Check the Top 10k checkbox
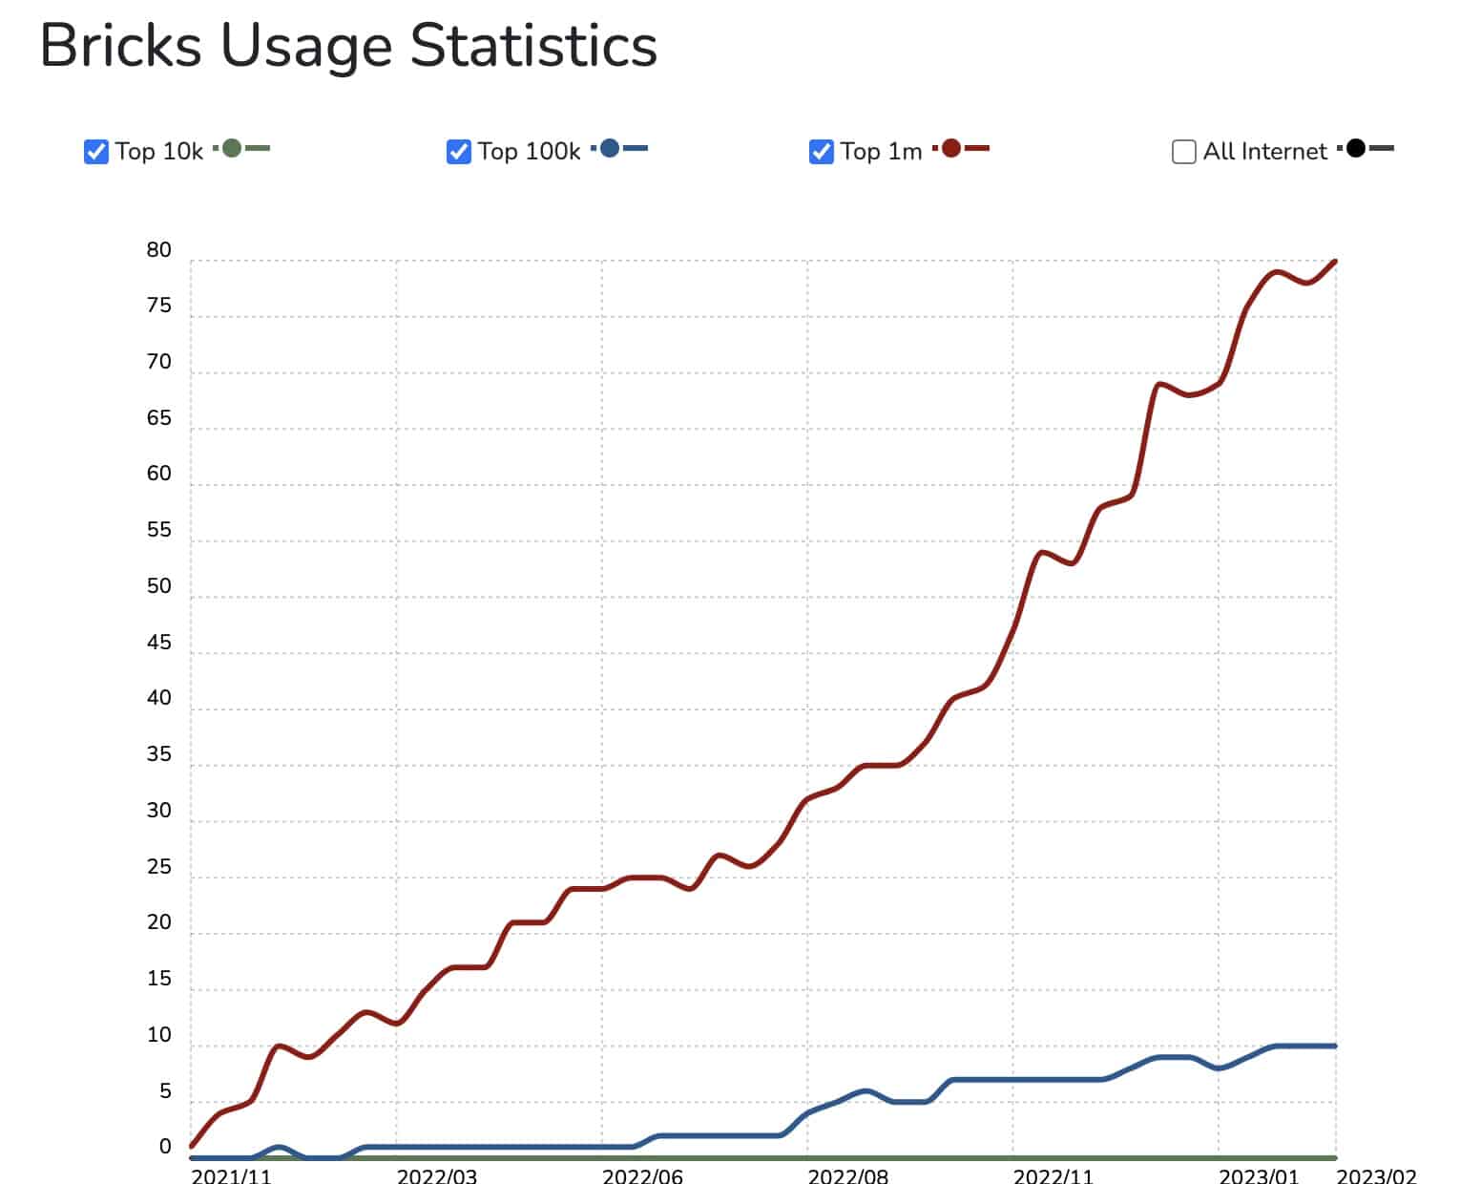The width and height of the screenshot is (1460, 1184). (x=96, y=152)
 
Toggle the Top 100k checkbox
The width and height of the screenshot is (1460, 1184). (x=459, y=152)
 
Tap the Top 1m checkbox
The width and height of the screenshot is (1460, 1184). (x=822, y=152)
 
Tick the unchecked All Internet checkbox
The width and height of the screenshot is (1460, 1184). (x=1184, y=152)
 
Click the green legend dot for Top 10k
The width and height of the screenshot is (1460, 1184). (x=232, y=148)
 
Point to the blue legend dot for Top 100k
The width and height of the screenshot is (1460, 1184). (x=610, y=148)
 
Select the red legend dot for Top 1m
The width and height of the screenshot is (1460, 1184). (x=950, y=148)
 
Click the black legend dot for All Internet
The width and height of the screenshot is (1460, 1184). (x=1356, y=148)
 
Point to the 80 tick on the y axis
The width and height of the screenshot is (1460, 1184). (x=159, y=250)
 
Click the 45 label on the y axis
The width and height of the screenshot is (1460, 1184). (x=159, y=643)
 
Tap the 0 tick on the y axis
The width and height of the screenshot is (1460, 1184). (x=165, y=1147)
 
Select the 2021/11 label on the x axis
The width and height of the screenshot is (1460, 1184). (x=231, y=1175)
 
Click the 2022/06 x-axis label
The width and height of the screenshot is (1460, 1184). (x=642, y=1175)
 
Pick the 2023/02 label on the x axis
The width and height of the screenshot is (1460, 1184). (x=1376, y=1175)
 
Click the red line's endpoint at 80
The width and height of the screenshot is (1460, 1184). (x=1334, y=261)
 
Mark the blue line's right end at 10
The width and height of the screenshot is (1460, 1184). (x=1334, y=1047)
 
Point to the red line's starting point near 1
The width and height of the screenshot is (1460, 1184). (x=193, y=1145)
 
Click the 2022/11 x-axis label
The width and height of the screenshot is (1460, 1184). (x=1053, y=1175)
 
